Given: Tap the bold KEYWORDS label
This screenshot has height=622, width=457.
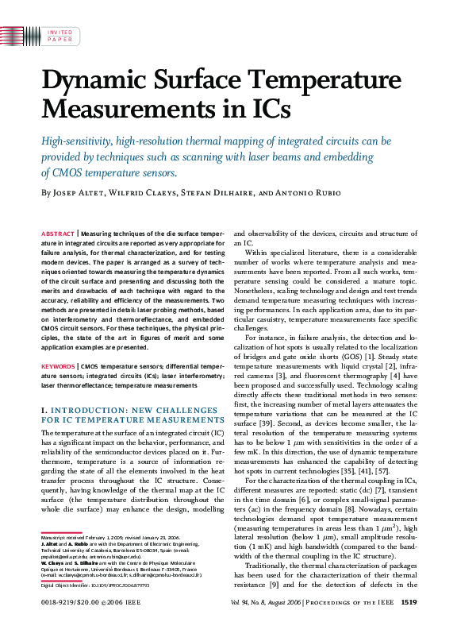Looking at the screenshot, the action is (58, 366).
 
